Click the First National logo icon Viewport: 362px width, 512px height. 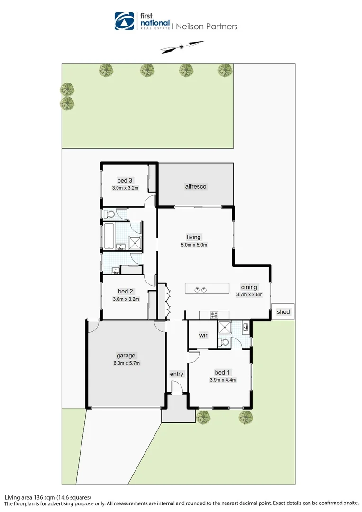pyautogui.click(x=124, y=21)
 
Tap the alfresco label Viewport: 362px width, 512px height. pyautogui.click(x=196, y=187)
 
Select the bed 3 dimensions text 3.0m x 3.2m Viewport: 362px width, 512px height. pyautogui.click(x=125, y=188)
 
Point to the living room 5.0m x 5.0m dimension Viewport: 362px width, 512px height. pyautogui.click(x=194, y=245)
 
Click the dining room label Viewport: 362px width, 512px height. pyautogui.click(x=249, y=287)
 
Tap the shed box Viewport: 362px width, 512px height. pyautogui.click(x=283, y=311)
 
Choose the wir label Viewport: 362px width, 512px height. pyautogui.click(x=203, y=335)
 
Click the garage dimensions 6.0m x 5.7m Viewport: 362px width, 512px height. pyautogui.click(x=126, y=363)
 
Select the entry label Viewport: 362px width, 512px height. pyautogui.click(x=176, y=374)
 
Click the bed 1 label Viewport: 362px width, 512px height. pyautogui.click(x=223, y=372)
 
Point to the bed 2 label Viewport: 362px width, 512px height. pyautogui.click(x=124, y=291)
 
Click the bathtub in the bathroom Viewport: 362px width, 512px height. pyautogui.click(x=109, y=236)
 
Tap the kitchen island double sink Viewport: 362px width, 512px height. pyautogui.click(x=199, y=289)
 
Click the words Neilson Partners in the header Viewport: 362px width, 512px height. pyautogui.click(x=206, y=27)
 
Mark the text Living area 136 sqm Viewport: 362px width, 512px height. pyautogui.click(x=31, y=497)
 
